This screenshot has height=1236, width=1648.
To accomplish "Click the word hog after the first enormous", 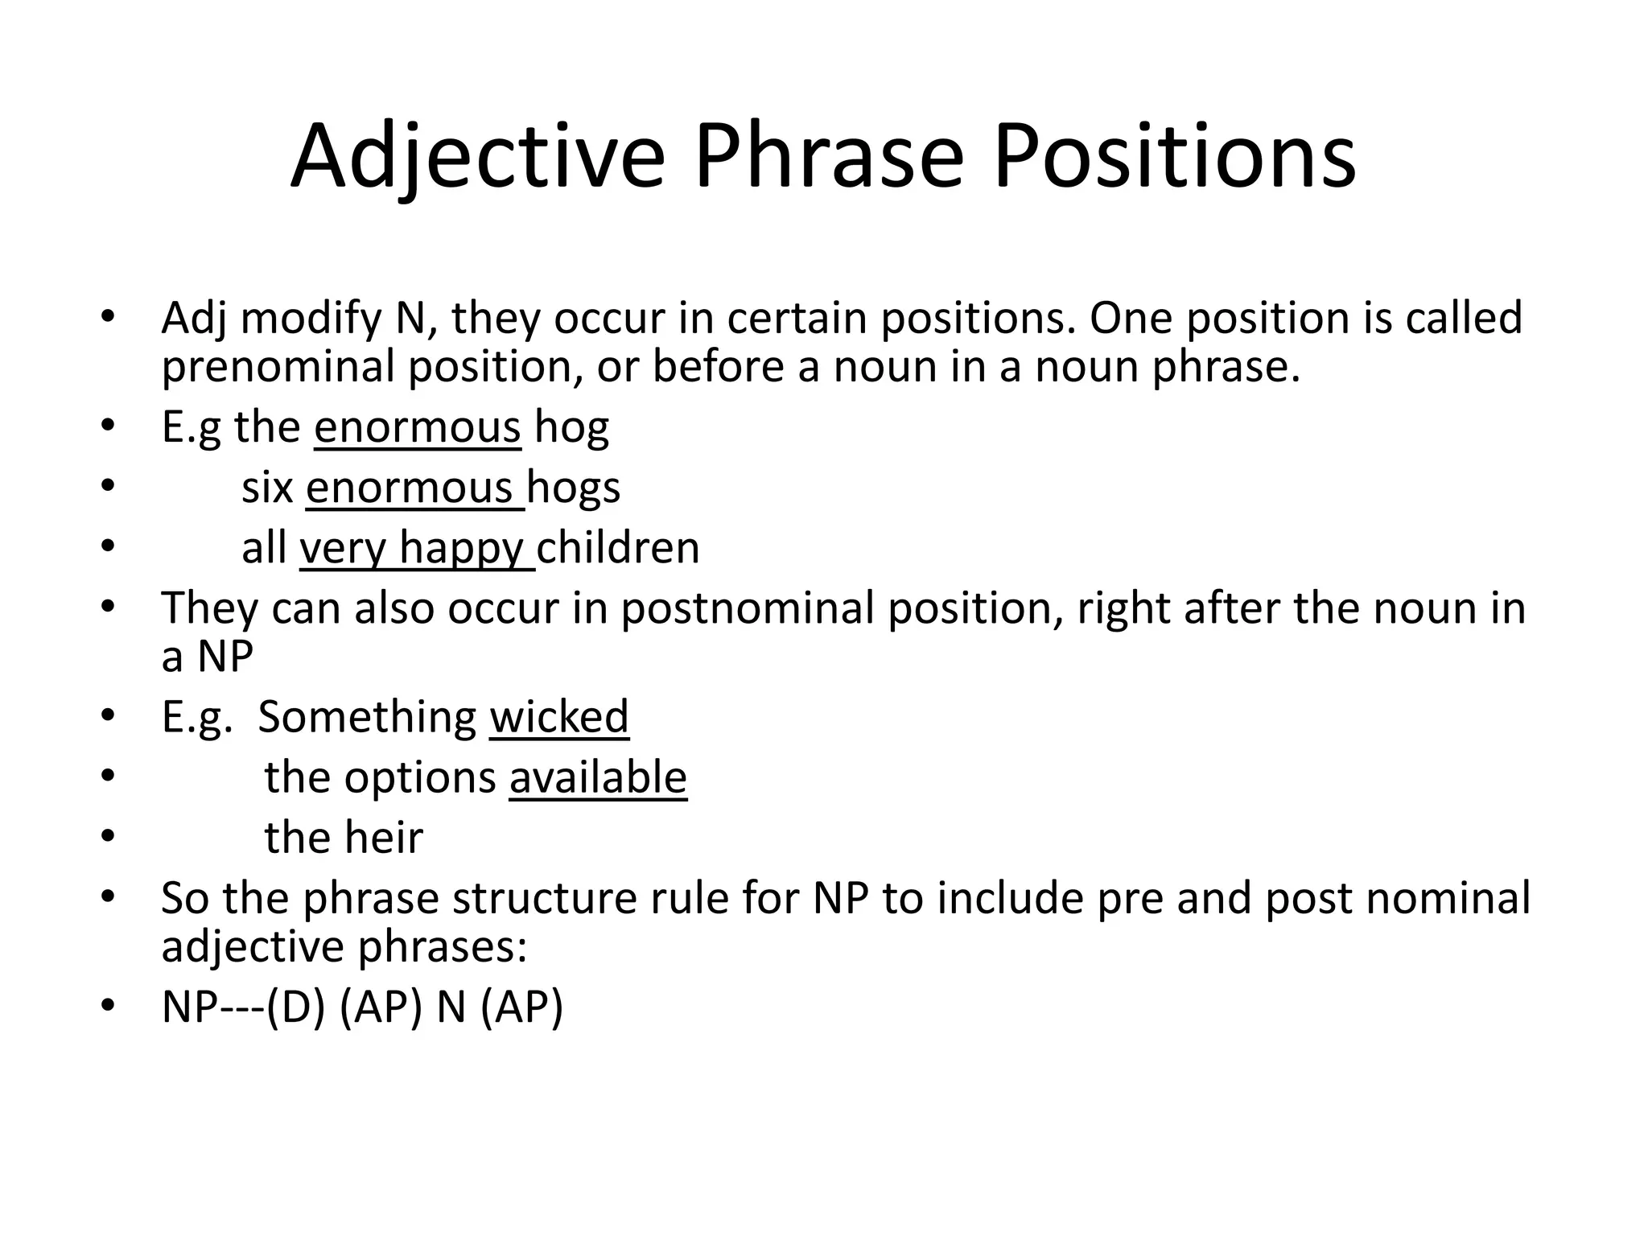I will [571, 428].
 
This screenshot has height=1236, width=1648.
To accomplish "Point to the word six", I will [267, 488].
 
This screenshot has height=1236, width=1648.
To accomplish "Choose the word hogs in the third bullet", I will [574, 488].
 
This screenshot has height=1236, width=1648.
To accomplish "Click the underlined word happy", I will [461, 549].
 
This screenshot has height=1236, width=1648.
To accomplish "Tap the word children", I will [618, 548].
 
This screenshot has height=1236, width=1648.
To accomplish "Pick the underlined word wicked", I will [559, 717].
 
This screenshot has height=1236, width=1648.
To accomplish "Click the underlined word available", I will [598, 778].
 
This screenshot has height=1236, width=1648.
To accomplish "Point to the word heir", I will [384, 838].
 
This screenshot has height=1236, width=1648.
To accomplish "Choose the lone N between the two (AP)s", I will [451, 1007].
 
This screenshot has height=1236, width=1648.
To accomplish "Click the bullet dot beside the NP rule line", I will [109, 1006].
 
